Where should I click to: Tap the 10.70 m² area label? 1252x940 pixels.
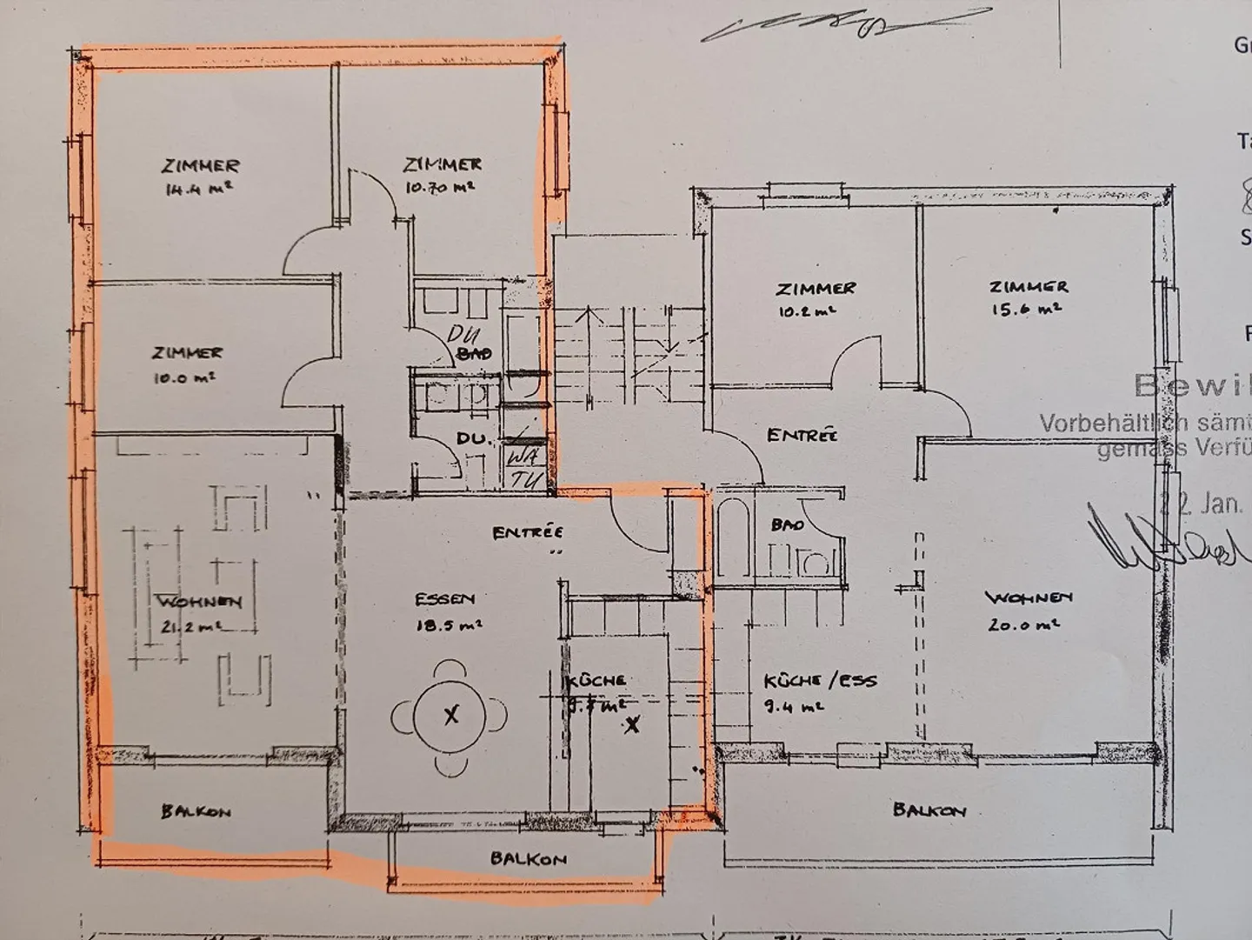(439, 186)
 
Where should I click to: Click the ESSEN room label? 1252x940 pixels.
(444, 599)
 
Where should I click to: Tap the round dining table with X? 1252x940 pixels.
(450, 716)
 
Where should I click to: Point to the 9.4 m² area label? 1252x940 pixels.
(793, 708)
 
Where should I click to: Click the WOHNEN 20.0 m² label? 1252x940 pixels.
(1028, 610)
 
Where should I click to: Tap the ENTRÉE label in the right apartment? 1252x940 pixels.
(802, 435)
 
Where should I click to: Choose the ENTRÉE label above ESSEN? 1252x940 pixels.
(527, 533)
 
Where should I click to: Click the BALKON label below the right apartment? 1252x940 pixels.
(929, 810)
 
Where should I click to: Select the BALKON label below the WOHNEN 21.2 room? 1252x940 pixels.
(196, 812)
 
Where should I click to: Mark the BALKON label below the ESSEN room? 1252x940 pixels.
(528, 859)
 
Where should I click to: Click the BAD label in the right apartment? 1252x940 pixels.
(787, 525)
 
